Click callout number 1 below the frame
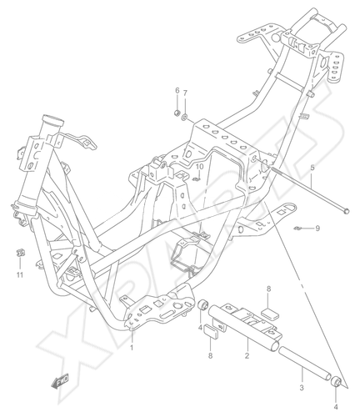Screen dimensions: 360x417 pos(132,348)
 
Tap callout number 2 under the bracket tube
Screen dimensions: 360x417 pos(247,355)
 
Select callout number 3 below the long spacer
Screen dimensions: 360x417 pos(302,387)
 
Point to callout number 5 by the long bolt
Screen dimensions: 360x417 pos(312,168)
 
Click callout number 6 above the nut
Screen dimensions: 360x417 pos(177,90)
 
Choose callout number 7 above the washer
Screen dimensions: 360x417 pos(185,93)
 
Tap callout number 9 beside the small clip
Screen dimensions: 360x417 pos(317,229)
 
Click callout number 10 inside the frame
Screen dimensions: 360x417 pos(200,167)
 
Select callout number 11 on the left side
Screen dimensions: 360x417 pos(19,275)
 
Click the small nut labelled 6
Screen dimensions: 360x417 pos(177,113)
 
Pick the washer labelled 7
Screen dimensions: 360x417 pos(184,117)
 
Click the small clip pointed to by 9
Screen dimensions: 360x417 pos(297,229)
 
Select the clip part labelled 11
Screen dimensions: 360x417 pos(20,253)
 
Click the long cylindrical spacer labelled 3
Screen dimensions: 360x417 pos(305,363)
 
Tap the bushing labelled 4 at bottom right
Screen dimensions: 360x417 pos(337,382)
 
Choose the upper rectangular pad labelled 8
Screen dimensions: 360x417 pos(270,314)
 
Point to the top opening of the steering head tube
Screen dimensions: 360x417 pos(52,119)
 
